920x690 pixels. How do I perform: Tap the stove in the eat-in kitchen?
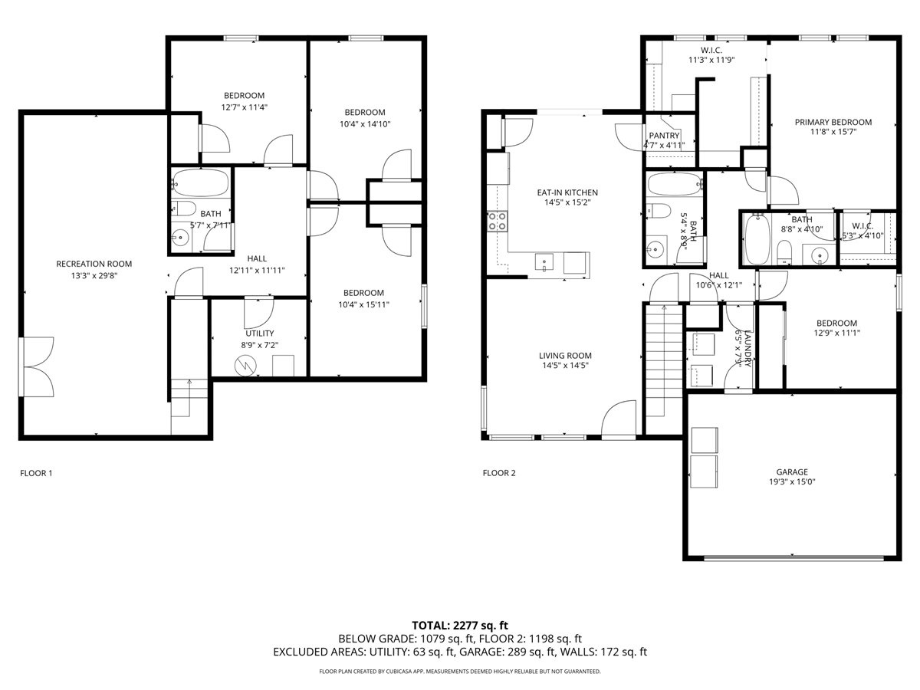click(x=497, y=222)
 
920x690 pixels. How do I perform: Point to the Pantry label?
click(x=664, y=136)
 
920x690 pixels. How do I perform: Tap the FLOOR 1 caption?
click(x=36, y=473)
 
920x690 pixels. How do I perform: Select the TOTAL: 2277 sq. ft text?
click(x=459, y=625)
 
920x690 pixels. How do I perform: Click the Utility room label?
click(x=259, y=333)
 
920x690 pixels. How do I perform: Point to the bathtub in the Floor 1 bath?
click(x=201, y=183)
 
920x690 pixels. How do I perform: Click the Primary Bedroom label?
click(x=833, y=122)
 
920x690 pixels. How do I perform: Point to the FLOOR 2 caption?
click(x=499, y=473)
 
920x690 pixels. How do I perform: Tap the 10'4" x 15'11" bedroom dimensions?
click(x=363, y=304)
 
